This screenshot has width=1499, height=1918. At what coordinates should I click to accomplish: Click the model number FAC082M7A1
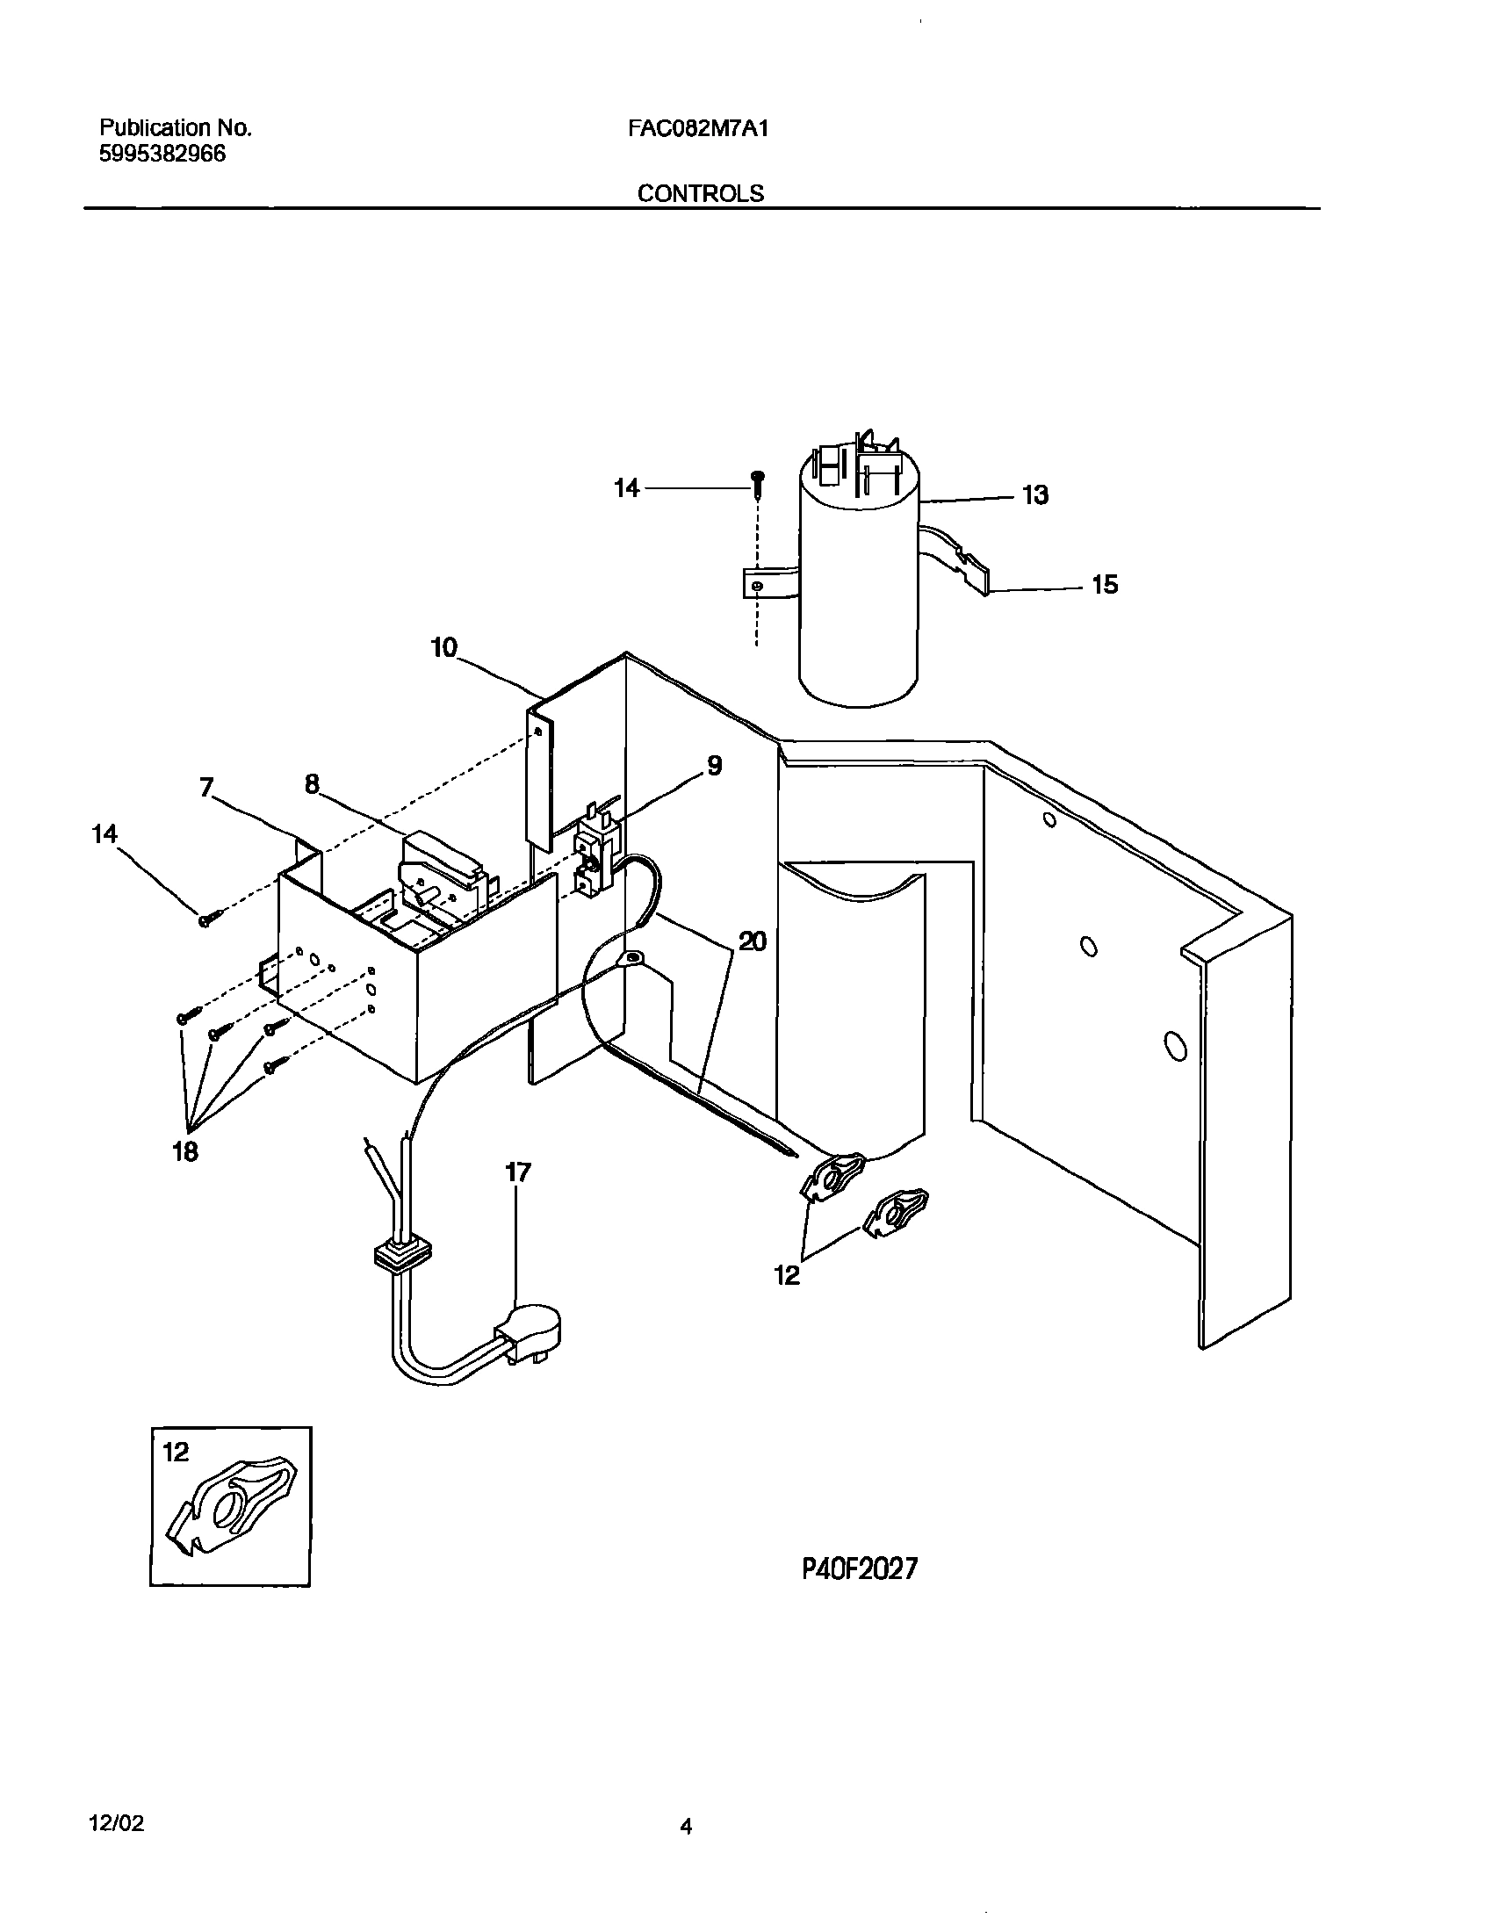tap(698, 129)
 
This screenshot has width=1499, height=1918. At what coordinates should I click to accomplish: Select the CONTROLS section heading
tap(700, 194)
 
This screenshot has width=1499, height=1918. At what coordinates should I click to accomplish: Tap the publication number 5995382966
tap(162, 155)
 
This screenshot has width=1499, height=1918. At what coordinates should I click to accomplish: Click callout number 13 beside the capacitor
tap(1035, 495)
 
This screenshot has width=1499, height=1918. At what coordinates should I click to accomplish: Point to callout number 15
tap(1104, 585)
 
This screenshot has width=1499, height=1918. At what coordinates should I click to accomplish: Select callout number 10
tap(444, 648)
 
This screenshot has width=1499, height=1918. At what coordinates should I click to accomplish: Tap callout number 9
tap(714, 766)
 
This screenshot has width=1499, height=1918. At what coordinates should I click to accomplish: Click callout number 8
tap(312, 784)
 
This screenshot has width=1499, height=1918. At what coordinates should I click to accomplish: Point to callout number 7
tap(206, 788)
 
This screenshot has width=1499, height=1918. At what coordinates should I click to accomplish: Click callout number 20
tap(752, 942)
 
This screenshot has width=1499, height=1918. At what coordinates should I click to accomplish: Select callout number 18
tap(185, 1151)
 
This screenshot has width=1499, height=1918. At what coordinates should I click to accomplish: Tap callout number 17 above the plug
tap(518, 1172)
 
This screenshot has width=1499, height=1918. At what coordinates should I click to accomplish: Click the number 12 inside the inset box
tap(176, 1453)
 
